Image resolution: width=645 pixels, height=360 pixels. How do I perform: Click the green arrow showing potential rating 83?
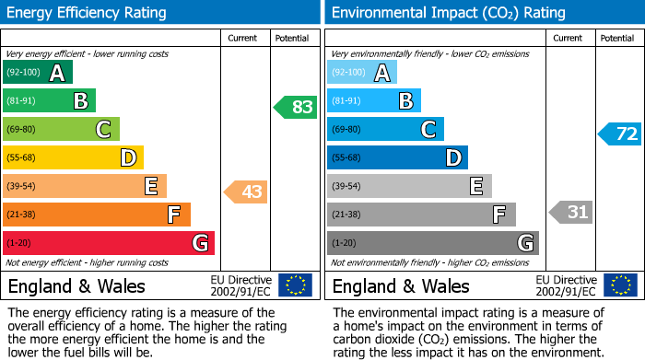[296, 107]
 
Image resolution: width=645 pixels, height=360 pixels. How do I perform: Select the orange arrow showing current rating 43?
[246, 192]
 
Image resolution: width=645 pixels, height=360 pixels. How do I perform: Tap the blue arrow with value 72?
[620, 134]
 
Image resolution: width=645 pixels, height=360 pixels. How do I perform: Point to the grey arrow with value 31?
[570, 213]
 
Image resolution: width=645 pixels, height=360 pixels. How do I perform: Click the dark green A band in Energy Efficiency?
[37, 73]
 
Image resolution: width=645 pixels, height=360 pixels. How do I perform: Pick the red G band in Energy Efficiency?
[108, 243]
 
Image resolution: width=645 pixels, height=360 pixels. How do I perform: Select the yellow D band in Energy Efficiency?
[73, 158]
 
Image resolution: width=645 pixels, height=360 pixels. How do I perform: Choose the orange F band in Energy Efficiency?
[97, 215]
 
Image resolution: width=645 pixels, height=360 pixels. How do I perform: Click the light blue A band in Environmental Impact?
[362, 73]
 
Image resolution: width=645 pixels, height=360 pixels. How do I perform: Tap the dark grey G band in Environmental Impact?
[432, 243]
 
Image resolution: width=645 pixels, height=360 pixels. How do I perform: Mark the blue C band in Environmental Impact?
[385, 130]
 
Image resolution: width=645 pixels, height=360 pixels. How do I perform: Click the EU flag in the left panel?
[295, 285]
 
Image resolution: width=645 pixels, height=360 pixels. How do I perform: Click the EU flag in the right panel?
[619, 285]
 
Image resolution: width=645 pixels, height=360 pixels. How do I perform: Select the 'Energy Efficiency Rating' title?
[88, 13]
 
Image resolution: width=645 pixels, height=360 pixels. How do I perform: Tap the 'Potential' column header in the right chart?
[617, 38]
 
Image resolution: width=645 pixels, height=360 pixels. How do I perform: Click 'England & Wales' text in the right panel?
[401, 286]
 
